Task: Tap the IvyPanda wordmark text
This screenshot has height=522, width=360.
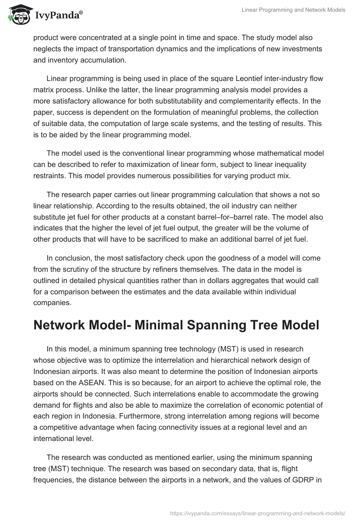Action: (x=58, y=15)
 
